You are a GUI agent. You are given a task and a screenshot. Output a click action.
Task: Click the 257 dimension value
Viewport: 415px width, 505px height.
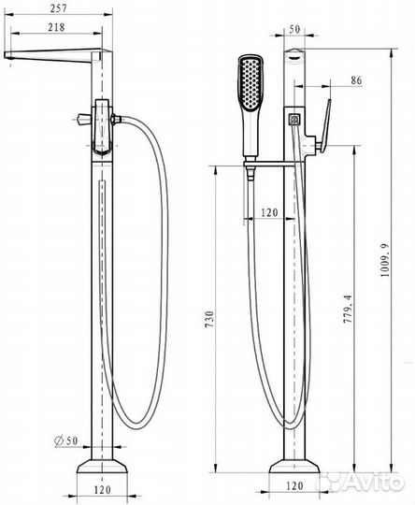[59, 8]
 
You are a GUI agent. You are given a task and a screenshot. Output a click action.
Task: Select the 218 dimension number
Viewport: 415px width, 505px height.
[56, 27]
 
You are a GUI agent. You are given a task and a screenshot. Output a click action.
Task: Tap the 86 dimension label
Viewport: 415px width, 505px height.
[356, 80]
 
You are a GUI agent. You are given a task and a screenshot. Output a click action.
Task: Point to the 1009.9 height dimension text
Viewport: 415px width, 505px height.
[385, 260]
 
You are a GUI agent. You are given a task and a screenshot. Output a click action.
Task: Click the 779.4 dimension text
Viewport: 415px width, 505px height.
[348, 310]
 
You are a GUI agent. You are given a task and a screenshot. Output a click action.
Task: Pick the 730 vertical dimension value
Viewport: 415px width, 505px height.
[209, 319]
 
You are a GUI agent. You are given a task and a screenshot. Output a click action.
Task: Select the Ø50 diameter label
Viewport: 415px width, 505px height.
[66, 440]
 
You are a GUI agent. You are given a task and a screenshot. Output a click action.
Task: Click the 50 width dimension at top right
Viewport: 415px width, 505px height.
[294, 29]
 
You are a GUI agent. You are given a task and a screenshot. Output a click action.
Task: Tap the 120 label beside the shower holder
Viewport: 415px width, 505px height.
[269, 212]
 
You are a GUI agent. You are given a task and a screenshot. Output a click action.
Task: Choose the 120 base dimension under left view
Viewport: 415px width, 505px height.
[103, 490]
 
